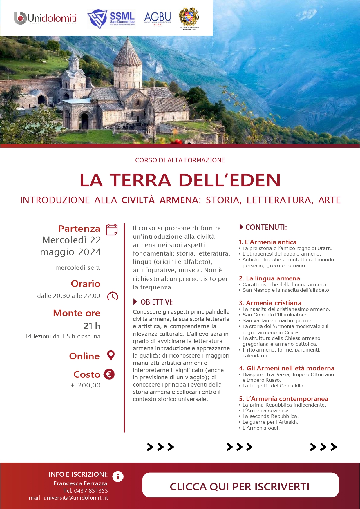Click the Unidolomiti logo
[x=45, y=18]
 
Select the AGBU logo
[x=158, y=18]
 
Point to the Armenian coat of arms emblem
[x=189, y=17]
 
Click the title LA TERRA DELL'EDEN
[x=180, y=180]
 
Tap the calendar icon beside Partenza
[x=112, y=229]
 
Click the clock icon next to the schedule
[x=113, y=296]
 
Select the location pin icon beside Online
[x=111, y=355]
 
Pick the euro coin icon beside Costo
[x=109, y=374]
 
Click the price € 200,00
[x=86, y=385]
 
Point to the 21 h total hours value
[x=92, y=326]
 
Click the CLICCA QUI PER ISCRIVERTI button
[x=240, y=486]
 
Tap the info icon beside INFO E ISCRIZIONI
[x=118, y=477]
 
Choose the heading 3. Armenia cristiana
[x=270, y=303]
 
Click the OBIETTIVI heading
[x=156, y=302]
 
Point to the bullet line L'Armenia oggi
[x=261, y=428]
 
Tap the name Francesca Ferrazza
[x=80, y=483]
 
